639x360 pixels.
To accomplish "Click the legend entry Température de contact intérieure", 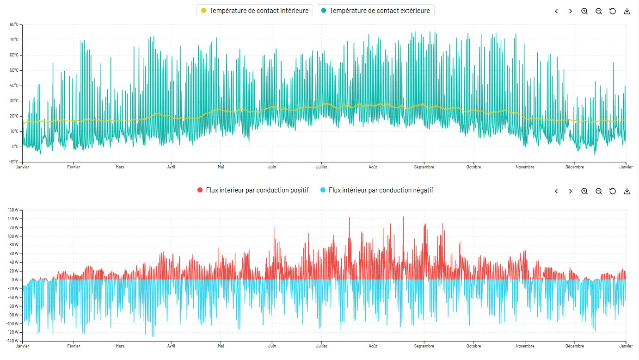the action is pyautogui.click(x=254, y=11).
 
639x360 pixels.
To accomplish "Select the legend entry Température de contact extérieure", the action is pyautogui.click(x=375, y=11).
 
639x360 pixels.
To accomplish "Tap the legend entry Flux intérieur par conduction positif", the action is pyautogui.click(x=253, y=190).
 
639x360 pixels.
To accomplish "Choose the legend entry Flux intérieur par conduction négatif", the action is pyautogui.click(x=377, y=190).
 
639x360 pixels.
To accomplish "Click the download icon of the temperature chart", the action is pyautogui.click(x=627, y=11).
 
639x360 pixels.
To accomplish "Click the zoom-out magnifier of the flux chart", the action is pyautogui.click(x=598, y=191).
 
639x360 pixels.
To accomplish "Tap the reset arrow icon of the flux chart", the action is pyautogui.click(x=613, y=191).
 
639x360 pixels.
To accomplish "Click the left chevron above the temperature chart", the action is pyautogui.click(x=556, y=11).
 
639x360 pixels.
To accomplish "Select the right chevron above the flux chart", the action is pyautogui.click(x=570, y=191).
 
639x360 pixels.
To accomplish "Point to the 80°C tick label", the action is pyautogui.click(x=14, y=25).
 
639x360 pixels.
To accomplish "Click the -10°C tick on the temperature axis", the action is pyautogui.click(x=13, y=161).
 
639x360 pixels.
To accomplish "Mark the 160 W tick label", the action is pyautogui.click(x=13, y=210).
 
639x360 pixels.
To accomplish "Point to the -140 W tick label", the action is pyautogui.click(x=12, y=341).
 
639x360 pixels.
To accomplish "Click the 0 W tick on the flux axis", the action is pyautogui.click(x=15, y=280).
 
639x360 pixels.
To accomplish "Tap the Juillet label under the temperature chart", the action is pyautogui.click(x=321, y=167).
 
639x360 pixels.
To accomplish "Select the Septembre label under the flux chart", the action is pyautogui.click(x=424, y=346).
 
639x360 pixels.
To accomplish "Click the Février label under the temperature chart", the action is pyautogui.click(x=74, y=167).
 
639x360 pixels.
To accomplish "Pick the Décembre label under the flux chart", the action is pyautogui.click(x=575, y=346).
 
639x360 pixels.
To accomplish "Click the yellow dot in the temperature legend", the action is pyautogui.click(x=203, y=11).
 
